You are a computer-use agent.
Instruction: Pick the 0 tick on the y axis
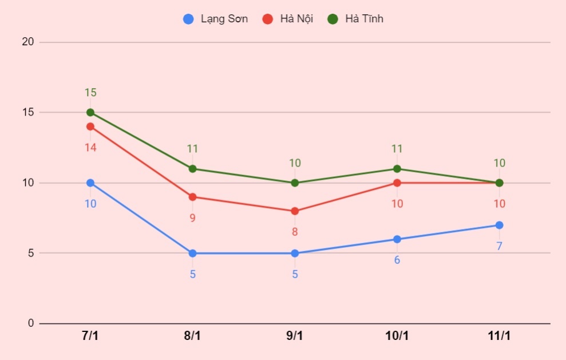pyautogui.click(x=31, y=323)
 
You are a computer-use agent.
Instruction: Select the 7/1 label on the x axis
pyautogui.click(x=90, y=336)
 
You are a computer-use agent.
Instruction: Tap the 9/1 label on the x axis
pyautogui.click(x=295, y=336)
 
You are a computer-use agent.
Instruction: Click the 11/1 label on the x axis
pyautogui.click(x=499, y=336)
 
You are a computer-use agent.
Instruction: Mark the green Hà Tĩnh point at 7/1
pyautogui.click(x=90, y=112)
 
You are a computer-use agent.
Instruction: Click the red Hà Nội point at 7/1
pyautogui.click(x=90, y=126)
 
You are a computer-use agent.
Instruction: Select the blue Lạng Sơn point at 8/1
pyautogui.click(x=192, y=253)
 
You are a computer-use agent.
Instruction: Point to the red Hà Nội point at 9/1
pyautogui.click(x=295, y=211)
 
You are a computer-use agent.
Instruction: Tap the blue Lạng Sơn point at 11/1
pyautogui.click(x=499, y=225)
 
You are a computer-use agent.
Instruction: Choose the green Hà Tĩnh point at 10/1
pyautogui.click(x=397, y=169)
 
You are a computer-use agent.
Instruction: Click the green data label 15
pyautogui.click(x=90, y=92)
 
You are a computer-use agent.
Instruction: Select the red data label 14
pyautogui.click(x=90, y=147)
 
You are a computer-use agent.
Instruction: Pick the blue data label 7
pyautogui.click(x=499, y=246)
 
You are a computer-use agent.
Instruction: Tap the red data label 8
pyautogui.click(x=295, y=232)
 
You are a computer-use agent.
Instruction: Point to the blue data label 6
pyautogui.click(x=397, y=260)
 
